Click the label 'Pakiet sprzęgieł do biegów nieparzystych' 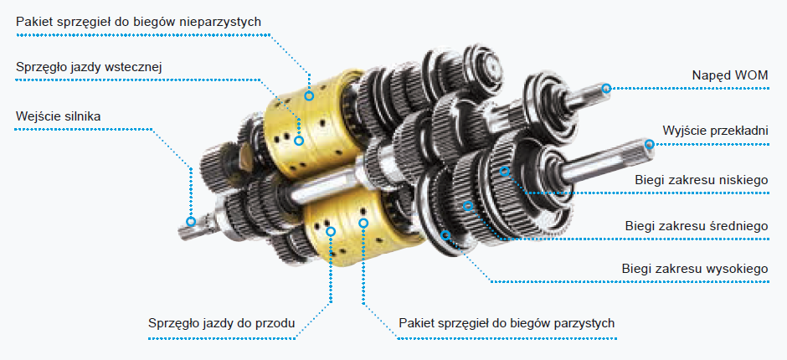click(138, 23)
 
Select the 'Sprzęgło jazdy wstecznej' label click(89, 67)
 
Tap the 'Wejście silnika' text click(59, 117)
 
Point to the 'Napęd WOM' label click(730, 76)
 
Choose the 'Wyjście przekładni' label click(715, 131)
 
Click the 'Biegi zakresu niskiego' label click(701, 180)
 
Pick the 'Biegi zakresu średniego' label click(697, 226)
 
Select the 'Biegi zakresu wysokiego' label click(695, 269)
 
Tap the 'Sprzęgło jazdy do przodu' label click(221, 323)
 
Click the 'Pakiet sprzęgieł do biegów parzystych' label click(507, 323)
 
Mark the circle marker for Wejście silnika click(191, 221)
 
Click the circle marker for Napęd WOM click(606, 89)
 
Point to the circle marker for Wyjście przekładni click(650, 145)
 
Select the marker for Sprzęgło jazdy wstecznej click(299, 141)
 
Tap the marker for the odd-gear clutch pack click(309, 95)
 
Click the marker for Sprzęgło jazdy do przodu click(330, 231)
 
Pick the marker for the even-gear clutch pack click(363, 223)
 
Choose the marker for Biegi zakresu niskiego click(504, 172)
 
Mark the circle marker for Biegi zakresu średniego click(468, 205)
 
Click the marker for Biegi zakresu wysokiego click(445, 234)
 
